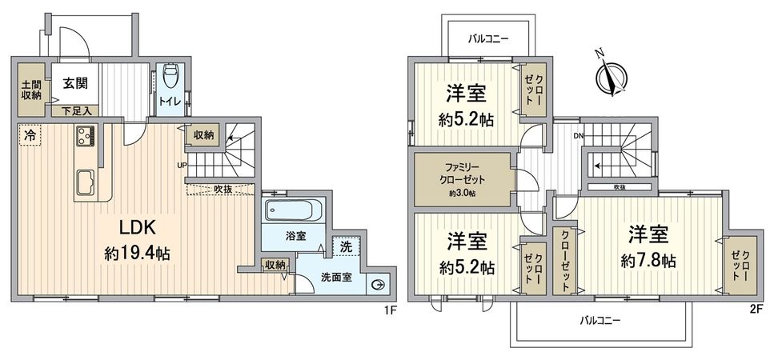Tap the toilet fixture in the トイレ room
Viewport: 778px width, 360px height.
pyautogui.click(x=169, y=78)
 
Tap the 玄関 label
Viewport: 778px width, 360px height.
pyautogui.click(x=78, y=82)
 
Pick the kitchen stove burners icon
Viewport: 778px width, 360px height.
pyautogui.click(x=85, y=138)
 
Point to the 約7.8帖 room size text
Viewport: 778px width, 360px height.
pyautogui.click(x=648, y=261)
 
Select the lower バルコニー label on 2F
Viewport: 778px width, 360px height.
pyautogui.click(x=602, y=320)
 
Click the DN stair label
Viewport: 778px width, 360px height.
pyautogui.click(x=578, y=136)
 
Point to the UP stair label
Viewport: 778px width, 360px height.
pyautogui.click(x=182, y=166)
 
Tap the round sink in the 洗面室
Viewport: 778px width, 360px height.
pyautogui.click(x=379, y=284)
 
